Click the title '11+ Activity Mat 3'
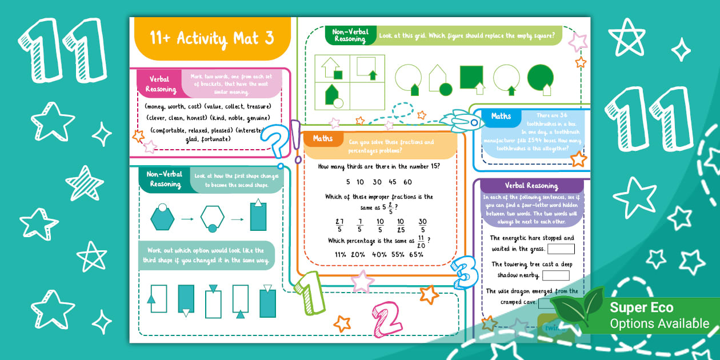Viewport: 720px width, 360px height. pyautogui.click(x=211, y=38)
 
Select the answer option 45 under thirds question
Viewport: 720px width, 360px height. pyautogui.click(x=392, y=182)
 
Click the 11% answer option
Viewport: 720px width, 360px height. pyautogui.click(x=341, y=254)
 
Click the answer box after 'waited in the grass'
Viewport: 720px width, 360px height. pyautogui.click(x=561, y=249)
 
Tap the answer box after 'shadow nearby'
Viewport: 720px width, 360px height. pyautogui.click(x=555, y=275)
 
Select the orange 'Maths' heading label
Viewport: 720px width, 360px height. pyautogui.click(x=322, y=139)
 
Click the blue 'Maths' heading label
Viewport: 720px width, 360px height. pyautogui.click(x=501, y=117)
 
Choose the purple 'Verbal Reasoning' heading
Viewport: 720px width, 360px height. pyautogui.click(x=531, y=186)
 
